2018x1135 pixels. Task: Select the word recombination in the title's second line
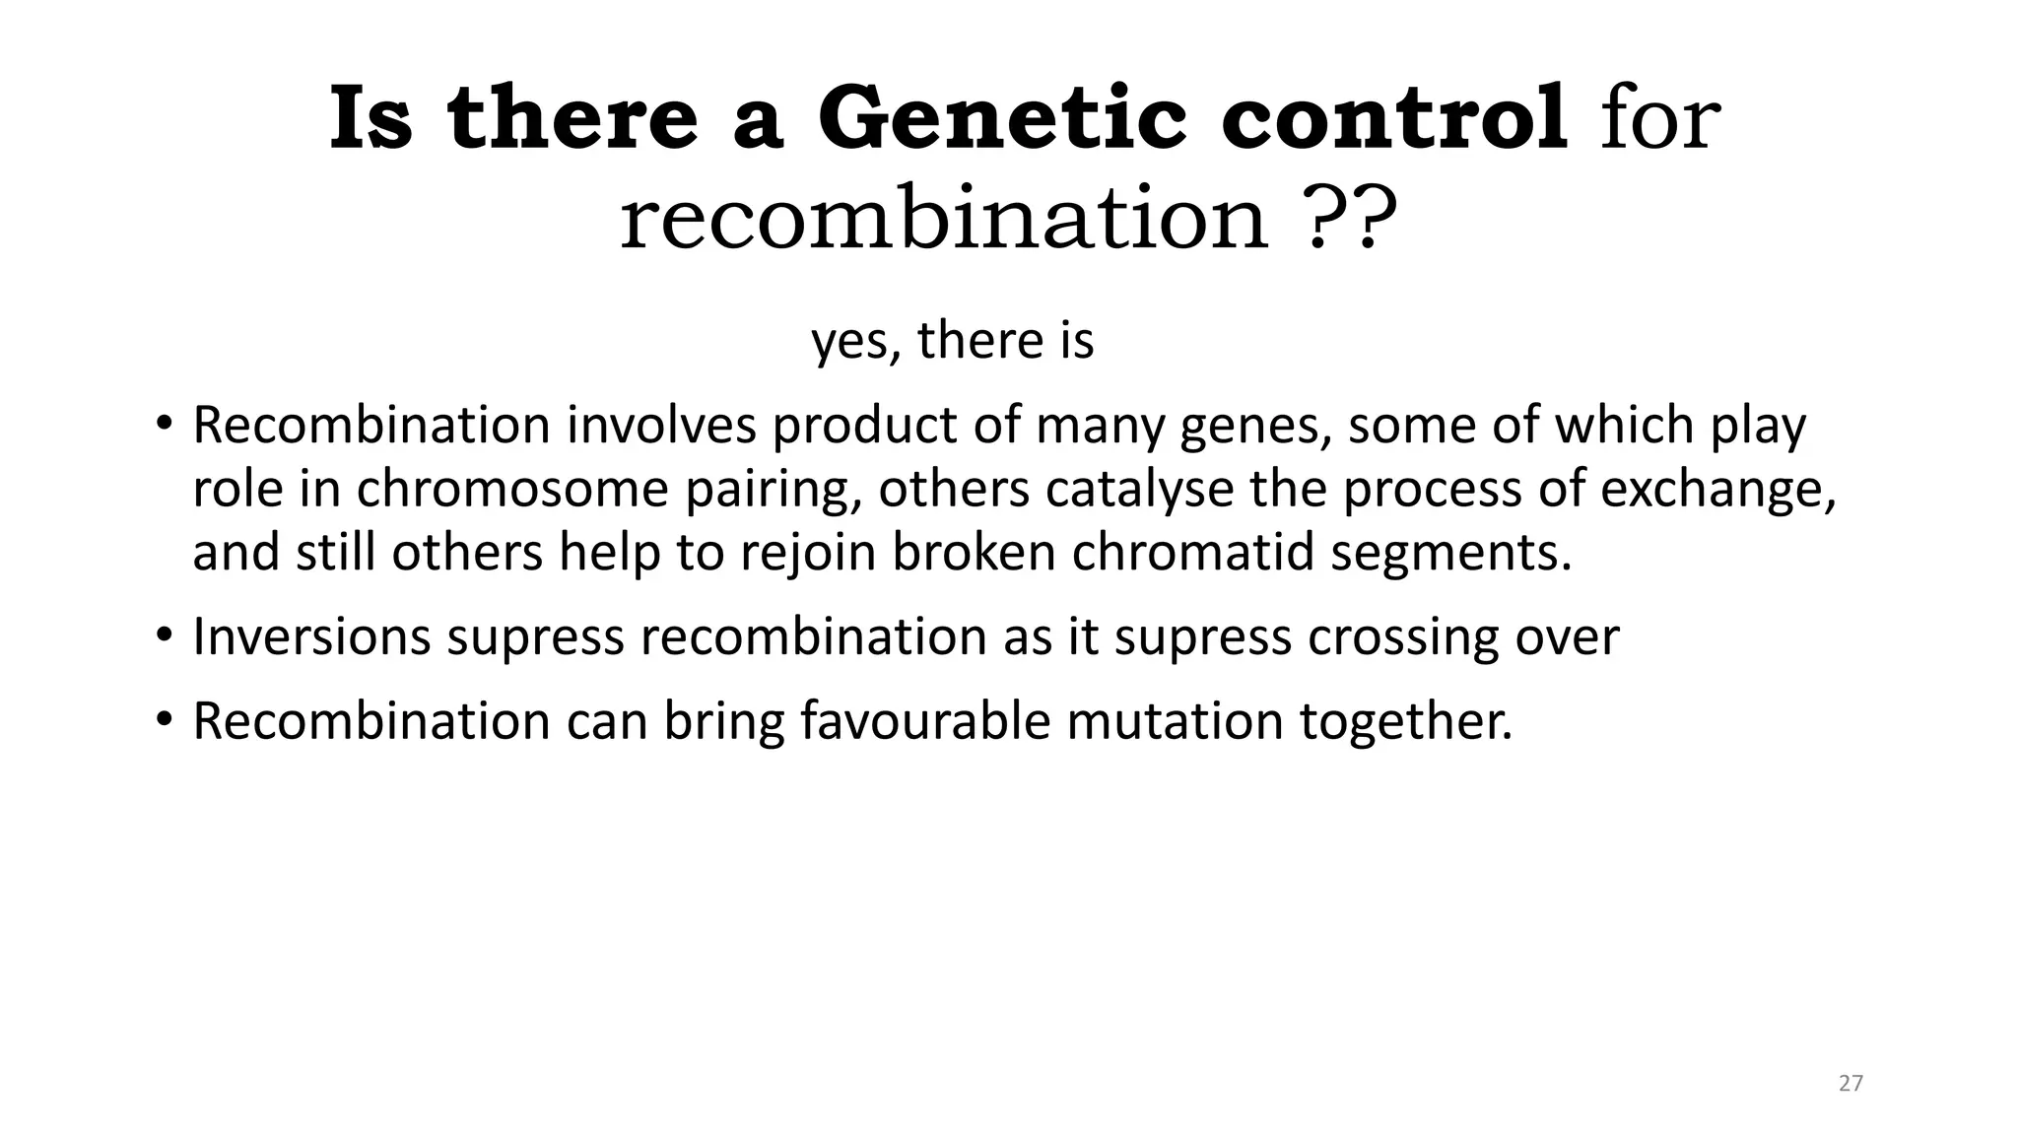(943, 219)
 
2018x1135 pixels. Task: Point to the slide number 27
(1850, 1084)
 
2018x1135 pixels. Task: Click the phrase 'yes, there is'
(952, 340)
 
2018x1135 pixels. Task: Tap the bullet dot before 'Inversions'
(164, 635)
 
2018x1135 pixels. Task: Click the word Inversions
(311, 636)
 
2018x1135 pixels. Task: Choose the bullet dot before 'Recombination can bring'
(164, 720)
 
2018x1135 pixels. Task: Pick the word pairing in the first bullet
(774, 490)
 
